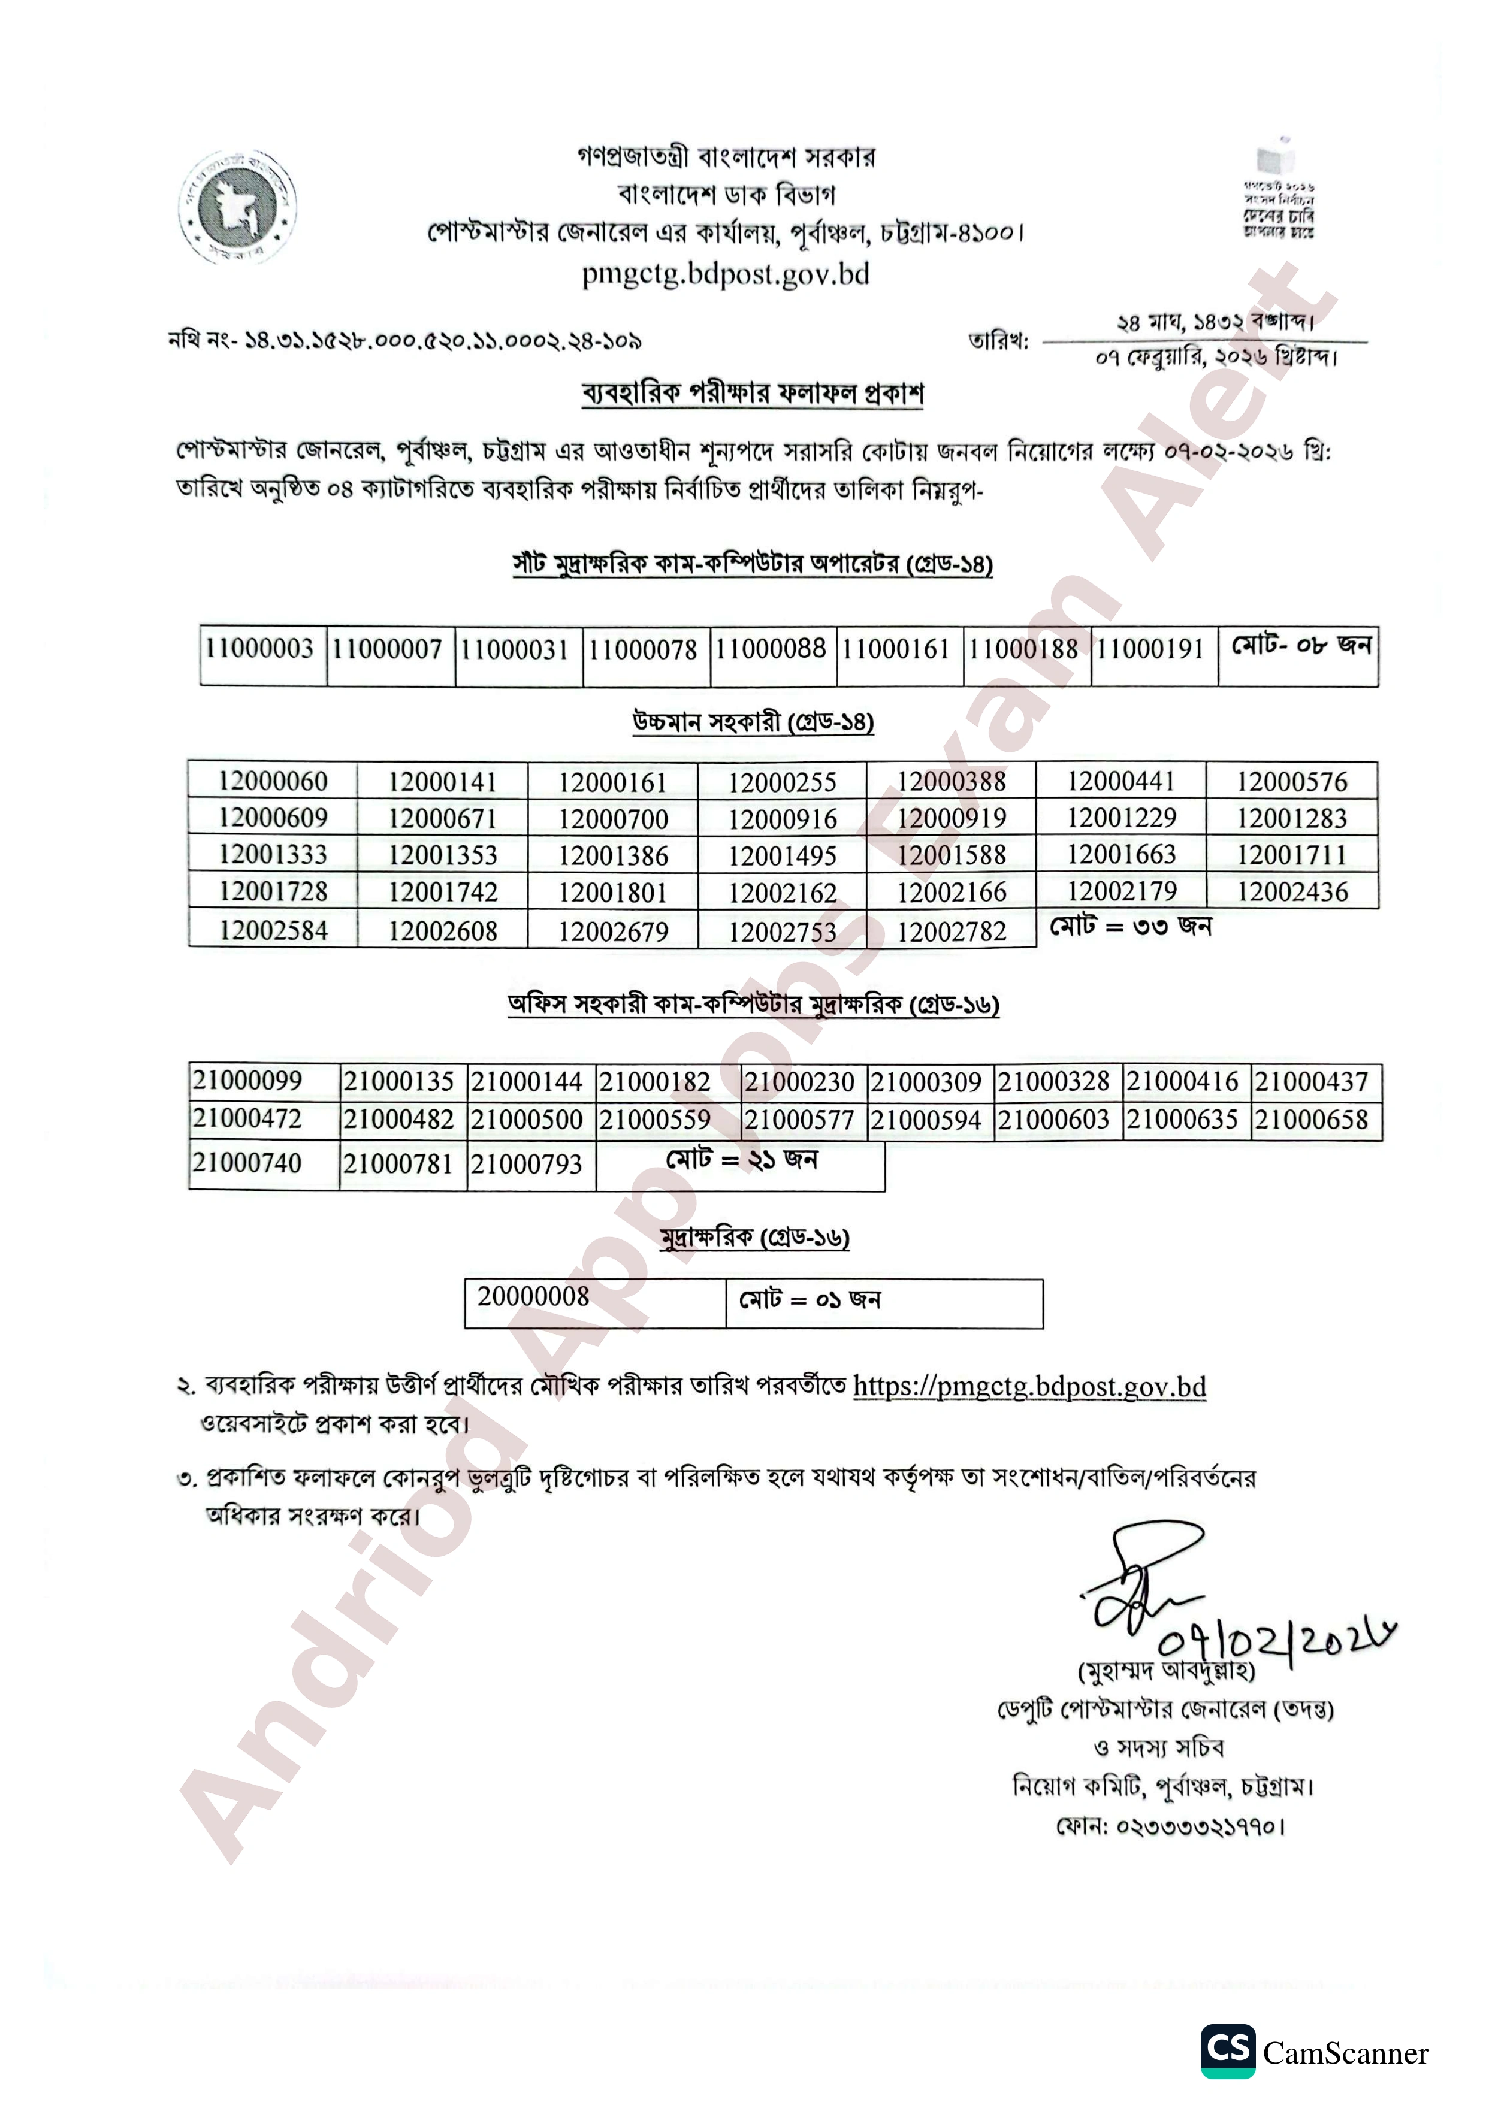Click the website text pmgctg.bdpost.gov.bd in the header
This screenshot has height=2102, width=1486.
tap(725, 274)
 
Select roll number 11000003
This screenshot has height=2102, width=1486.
tap(259, 649)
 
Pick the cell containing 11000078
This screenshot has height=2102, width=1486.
tap(643, 649)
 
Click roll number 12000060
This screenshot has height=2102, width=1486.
tap(273, 781)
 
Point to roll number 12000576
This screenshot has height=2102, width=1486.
tap(1292, 782)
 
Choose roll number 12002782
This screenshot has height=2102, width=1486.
tap(952, 931)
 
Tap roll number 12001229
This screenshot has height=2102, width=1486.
tap(1122, 818)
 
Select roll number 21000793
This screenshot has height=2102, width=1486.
tap(527, 1163)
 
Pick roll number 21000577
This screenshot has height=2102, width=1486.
tap(799, 1120)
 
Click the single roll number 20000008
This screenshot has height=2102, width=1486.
tap(534, 1296)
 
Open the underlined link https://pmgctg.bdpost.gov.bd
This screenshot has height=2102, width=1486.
tap(1029, 1386)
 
